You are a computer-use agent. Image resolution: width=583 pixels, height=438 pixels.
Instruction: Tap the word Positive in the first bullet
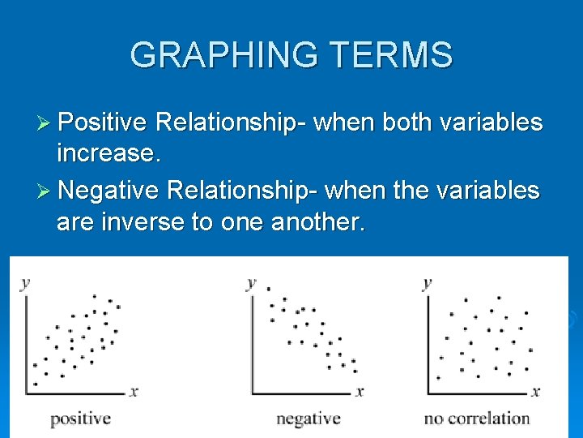click(102, 122)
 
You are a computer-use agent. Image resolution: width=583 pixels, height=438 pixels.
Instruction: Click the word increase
click(109, 153)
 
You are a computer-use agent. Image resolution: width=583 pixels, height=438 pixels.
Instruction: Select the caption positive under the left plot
click(80, 419)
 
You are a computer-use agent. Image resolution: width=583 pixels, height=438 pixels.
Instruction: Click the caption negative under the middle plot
click(309, 419)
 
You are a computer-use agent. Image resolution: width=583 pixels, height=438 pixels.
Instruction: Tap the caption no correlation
click(476, 419)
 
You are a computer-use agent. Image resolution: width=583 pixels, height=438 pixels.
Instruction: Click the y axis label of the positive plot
click(25, 283)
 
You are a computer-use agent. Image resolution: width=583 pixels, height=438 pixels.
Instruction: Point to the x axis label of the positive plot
click(134, 391)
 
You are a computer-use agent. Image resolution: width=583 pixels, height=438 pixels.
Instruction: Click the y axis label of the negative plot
click(251, 283)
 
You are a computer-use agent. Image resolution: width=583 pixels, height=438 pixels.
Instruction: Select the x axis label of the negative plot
click(360, 391)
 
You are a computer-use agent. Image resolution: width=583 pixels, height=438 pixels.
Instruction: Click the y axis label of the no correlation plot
click(427, 283)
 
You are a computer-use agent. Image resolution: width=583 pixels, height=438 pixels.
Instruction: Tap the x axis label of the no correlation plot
click(535, 391)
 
